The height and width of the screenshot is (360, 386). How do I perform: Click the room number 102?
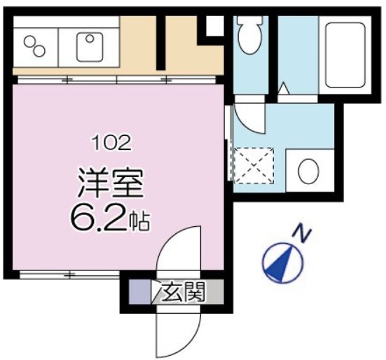click(x=111, y=144)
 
